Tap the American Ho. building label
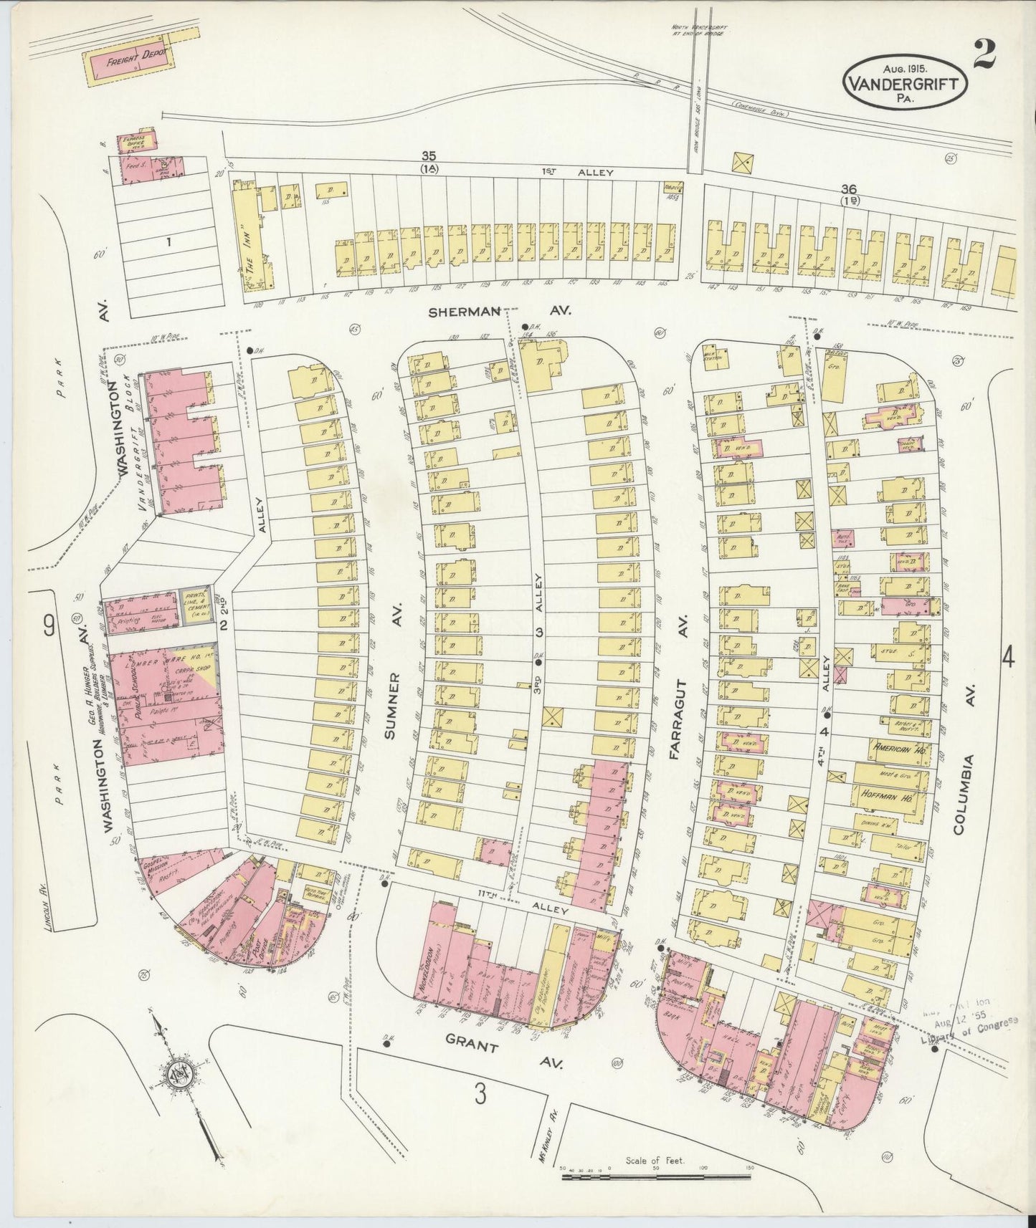(x=896, y=747)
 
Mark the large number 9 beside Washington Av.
(x=48, y=627)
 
